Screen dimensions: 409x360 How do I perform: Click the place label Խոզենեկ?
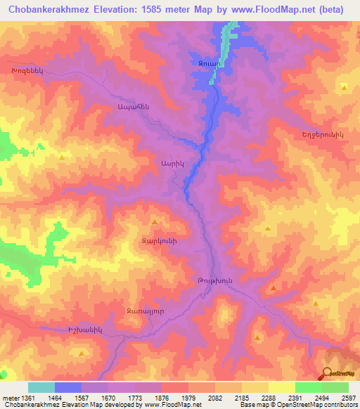click(27, 72)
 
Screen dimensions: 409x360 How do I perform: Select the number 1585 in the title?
click(184, 11)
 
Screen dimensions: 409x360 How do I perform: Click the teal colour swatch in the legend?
click(41, 387)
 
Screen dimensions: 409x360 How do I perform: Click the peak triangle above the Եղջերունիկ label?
click(344, 87)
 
